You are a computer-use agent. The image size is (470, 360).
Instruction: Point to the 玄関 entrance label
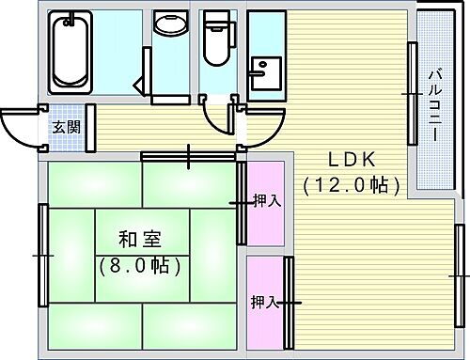65,127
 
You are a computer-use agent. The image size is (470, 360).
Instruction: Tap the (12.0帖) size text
345,186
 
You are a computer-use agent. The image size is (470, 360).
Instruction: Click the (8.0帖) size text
140,266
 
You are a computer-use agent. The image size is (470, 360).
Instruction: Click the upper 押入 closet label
266,200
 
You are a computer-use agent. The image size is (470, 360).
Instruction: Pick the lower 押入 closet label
264,302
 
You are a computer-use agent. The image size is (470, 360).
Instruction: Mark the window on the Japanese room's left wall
43,255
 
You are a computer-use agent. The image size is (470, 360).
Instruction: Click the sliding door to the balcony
411,93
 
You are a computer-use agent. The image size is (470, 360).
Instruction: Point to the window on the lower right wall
459,274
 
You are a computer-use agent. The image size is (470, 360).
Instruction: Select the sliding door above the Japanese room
189,154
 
